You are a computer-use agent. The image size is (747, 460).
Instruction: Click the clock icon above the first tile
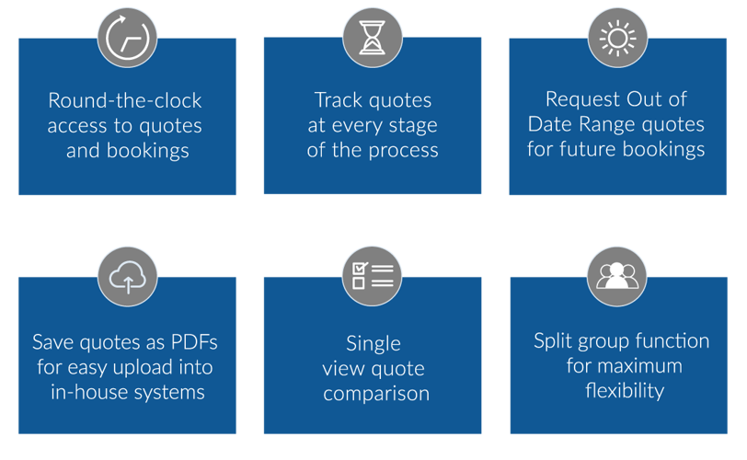[127, 38]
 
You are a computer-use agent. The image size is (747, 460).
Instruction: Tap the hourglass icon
[372, 38]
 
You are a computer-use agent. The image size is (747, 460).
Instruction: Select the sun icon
[617, 38]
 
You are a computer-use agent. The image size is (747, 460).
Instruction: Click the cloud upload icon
[127, 277]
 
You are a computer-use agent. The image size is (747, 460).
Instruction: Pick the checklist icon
[372, 276]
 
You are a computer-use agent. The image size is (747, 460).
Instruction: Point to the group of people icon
[617, 277]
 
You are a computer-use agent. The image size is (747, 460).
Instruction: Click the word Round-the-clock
[125, 100]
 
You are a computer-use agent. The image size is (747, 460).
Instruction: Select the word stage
[412, 126]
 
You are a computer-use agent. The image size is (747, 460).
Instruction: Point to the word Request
[583, 100]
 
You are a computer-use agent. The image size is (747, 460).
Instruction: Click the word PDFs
[194, 342]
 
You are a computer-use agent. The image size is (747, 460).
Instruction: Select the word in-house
[89, 393]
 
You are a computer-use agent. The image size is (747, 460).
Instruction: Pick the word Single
[373, 344]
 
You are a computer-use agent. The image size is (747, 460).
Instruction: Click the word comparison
[376, 395]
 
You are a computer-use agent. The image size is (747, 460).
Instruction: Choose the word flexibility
[625, 391]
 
